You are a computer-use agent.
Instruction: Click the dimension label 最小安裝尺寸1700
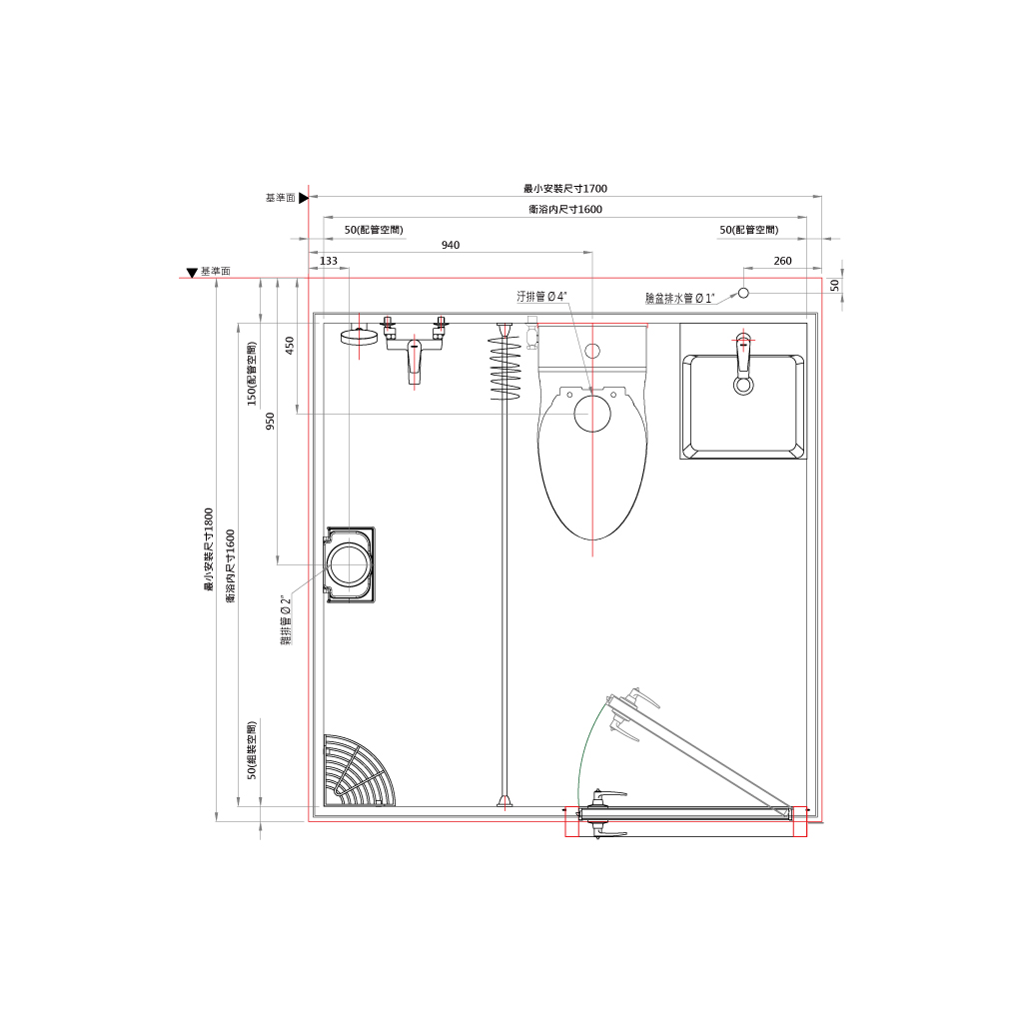click(x=565, y=189)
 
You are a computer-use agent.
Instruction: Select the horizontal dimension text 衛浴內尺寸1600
click(x=565, y=210)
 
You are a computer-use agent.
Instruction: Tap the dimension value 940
click(x=451, y=246)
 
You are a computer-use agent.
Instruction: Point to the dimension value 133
click(x=329, y=261)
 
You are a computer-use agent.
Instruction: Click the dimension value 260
click(x=782, y=261)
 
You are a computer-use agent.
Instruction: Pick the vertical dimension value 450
click(x=290, y=346)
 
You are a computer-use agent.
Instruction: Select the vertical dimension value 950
click(x=270, y=422)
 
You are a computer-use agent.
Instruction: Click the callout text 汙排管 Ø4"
click(x=541, y=297)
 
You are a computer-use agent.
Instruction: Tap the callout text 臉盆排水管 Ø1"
click(x=679, y=298)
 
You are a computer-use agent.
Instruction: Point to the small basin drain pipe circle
click(x=743, y=293)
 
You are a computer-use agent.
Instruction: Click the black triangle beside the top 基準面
click(x=304, y=198)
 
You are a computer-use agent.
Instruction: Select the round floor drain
click(x=349, y=565)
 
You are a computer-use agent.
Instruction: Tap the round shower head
click(x=359, y=337)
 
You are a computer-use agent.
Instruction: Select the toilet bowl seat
click(x=592, y=464)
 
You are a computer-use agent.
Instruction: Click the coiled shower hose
click(x=506, y=366)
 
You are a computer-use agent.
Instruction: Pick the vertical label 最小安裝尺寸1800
click(x=209, y=549)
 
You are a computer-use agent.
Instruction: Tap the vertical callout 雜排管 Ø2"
click(x=286, y=619)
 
